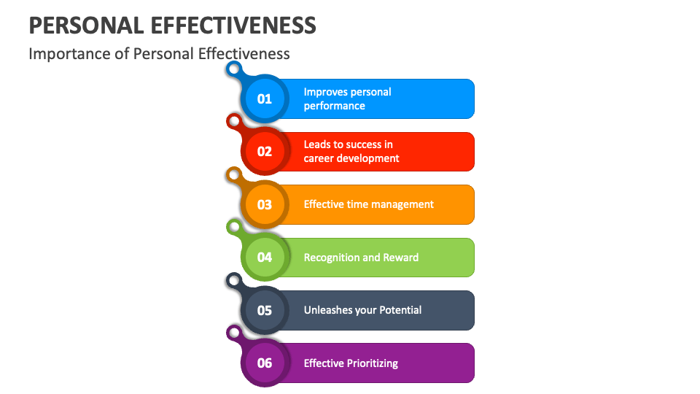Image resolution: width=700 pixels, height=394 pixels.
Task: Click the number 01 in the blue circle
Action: click(264, 98)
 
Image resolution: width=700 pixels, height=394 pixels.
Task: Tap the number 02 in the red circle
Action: click(264, 152)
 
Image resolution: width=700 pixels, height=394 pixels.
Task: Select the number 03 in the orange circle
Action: click(264, 204)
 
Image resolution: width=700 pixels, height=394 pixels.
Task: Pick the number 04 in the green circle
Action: click(264, 258)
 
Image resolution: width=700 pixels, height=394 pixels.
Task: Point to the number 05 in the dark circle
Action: click(264, 310)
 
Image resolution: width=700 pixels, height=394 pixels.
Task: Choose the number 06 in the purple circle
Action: click(264, 363)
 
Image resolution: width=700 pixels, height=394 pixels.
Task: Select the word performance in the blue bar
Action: click(334, 106)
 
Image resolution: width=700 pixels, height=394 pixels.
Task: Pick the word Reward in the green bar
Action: click(402, 258)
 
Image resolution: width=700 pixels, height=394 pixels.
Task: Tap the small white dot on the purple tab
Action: click(233, 333)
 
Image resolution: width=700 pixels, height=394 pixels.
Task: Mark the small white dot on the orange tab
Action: click(233, 175)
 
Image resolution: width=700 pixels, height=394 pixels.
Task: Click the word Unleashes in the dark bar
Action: click(327, 310)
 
